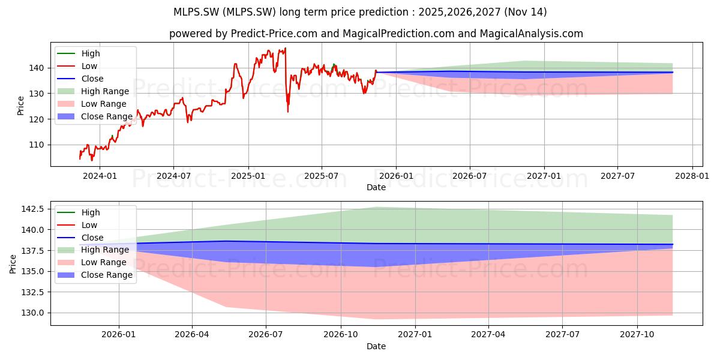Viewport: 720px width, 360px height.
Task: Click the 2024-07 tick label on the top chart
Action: tap(173, 176)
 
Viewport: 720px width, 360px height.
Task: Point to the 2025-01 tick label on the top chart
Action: tap(248, 176)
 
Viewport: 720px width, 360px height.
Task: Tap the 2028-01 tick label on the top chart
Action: tap(692, 176)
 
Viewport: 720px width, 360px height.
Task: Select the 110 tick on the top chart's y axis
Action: tap(37, 145)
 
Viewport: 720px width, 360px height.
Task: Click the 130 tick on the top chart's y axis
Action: tap(37, 94)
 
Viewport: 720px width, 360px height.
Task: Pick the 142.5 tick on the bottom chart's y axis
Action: tap(33, 209)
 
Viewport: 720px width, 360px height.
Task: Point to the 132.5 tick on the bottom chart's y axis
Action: tap(33, 292)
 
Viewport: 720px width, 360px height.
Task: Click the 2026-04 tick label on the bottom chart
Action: tap(192, 335)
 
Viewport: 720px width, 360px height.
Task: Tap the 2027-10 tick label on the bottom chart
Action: tap(637, 335)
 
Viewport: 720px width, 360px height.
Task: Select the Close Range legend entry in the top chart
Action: tap(95, 116)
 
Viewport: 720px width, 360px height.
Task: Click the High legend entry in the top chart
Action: tap(79, 53)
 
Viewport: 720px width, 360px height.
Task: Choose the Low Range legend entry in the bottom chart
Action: tap(92, 262)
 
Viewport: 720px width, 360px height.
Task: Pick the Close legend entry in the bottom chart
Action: tap(80, 238)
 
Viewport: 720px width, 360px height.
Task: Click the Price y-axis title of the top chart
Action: tap(20, 106)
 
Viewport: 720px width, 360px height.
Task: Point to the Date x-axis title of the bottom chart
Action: tap(376, 346)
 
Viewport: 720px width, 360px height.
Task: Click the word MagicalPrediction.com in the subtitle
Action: tap(398, 34)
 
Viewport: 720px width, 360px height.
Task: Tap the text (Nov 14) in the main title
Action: tap(525, 12)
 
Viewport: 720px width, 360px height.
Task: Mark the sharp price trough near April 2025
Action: tap(287, 112)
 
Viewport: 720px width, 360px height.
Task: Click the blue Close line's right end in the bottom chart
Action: tap(673, 244)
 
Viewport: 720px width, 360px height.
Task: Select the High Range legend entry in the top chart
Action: tap(93, 91)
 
